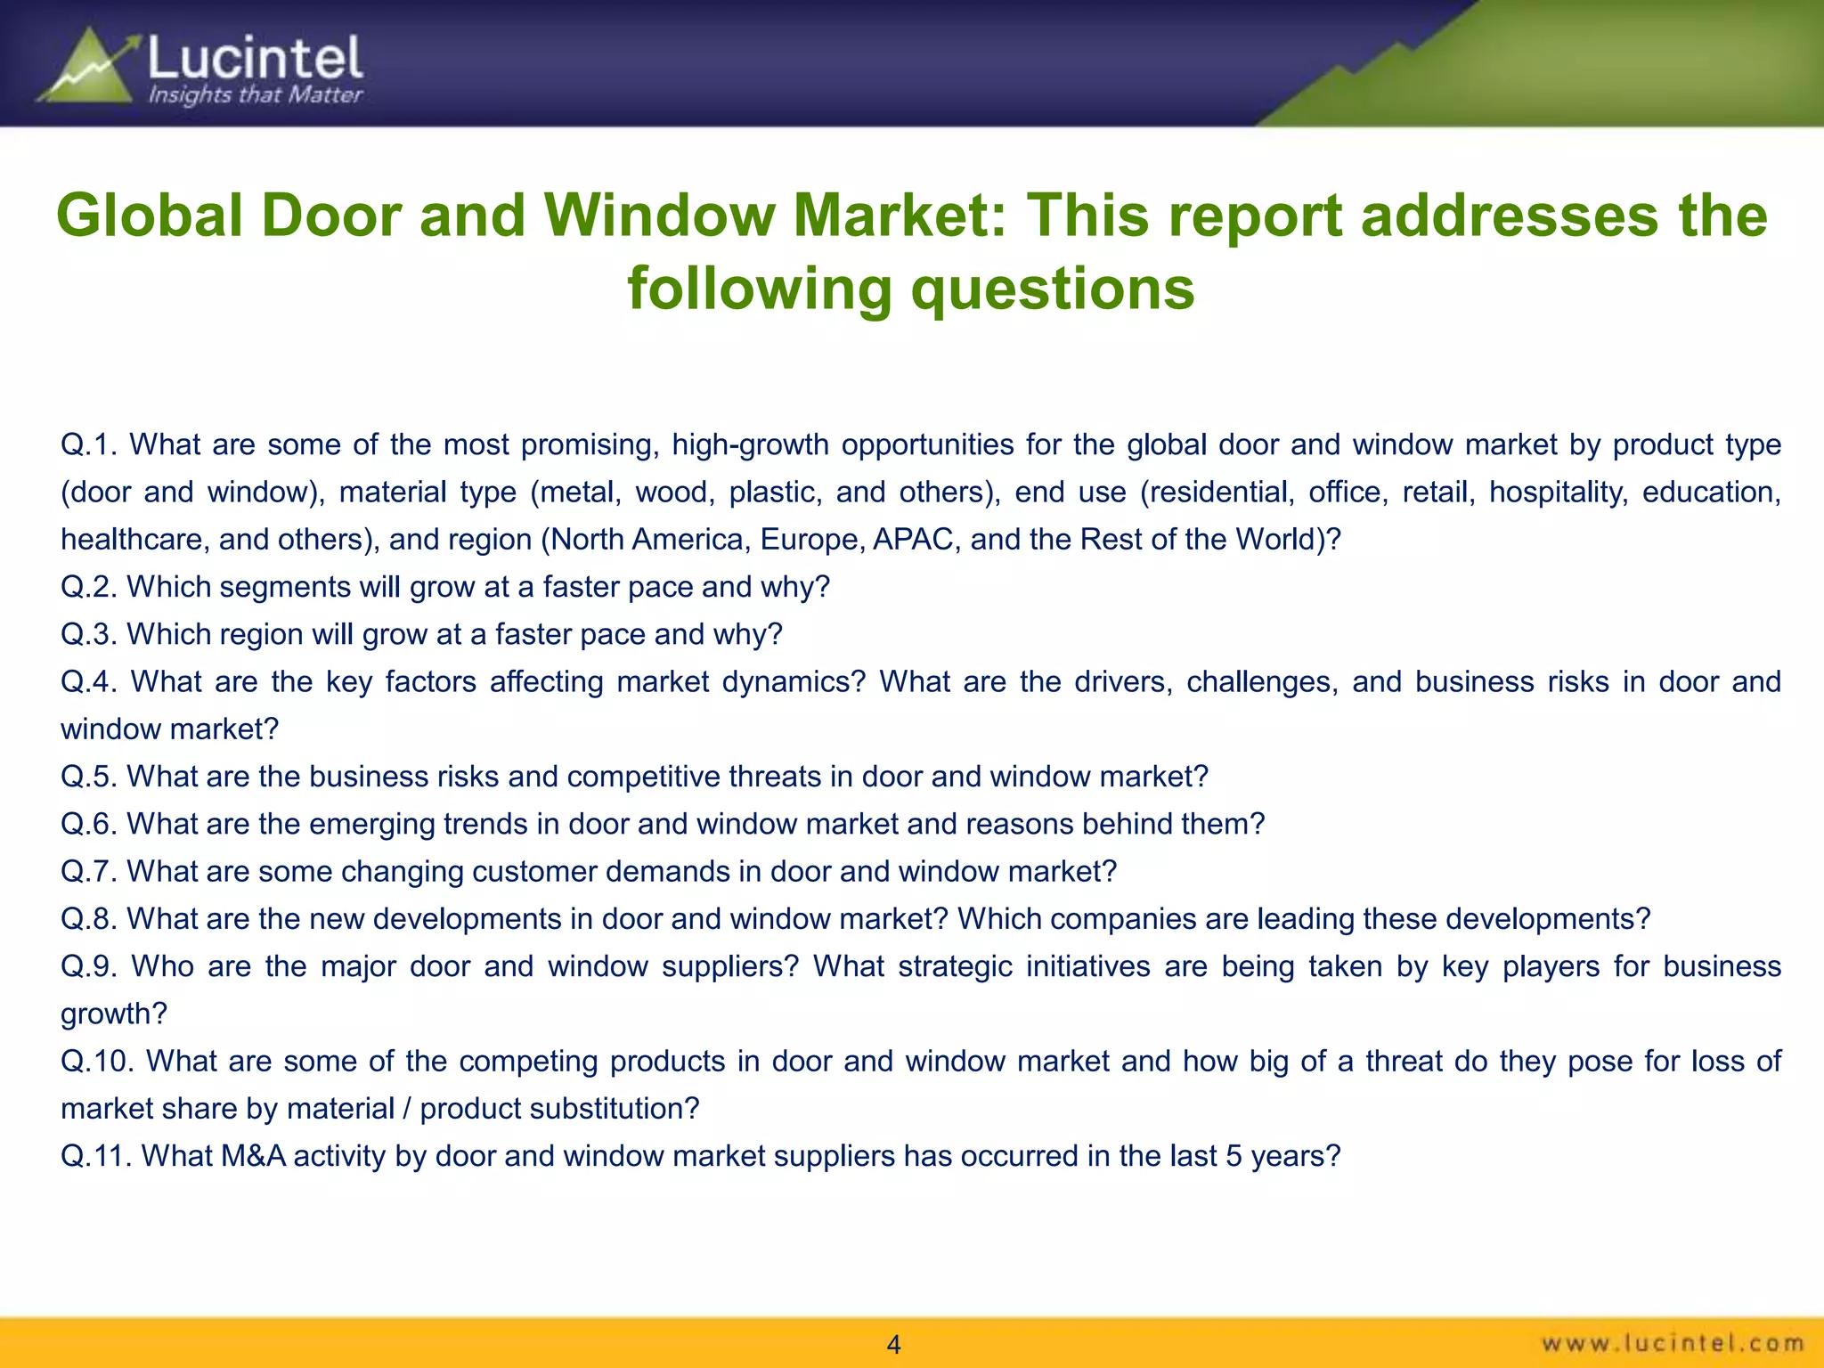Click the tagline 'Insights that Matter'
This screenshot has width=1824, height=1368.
point(255,94)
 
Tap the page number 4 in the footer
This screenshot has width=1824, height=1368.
point(894,1345)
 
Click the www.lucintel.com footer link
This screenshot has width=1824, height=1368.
point(1673,1342)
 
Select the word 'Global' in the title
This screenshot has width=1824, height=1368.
point(149,216)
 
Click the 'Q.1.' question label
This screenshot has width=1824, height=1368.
point(88,444)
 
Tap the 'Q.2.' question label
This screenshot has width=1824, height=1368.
point(88,587)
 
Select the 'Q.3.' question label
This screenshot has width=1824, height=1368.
point(88,634)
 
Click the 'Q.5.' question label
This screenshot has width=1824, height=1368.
point(88,777)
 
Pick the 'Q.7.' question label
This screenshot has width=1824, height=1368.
point(88,871)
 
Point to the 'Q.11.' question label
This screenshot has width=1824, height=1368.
point(95,1156)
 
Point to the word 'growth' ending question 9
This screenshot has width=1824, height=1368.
point(112,1014)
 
